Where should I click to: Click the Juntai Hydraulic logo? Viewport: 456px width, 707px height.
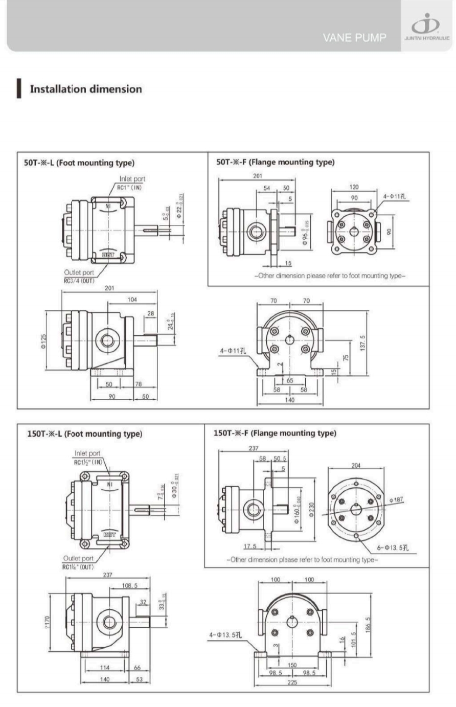click(426, 28)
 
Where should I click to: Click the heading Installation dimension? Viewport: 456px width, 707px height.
click(85, 89)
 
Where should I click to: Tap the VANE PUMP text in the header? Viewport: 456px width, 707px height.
click(354, 38)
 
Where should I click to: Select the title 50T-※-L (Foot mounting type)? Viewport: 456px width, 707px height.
click(79, 163)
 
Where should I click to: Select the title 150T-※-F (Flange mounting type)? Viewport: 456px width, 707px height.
click(275, 433)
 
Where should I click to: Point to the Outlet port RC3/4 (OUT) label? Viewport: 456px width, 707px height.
click(79, 277)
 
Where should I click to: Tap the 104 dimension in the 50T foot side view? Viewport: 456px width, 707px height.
click(132, 300)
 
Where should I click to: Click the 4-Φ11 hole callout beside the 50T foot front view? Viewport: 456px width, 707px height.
click(233, 351)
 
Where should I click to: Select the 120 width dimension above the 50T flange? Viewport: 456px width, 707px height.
click(354, 187)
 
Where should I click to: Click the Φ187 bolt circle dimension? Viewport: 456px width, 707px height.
click(396, 500)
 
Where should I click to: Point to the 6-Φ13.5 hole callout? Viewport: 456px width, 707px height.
click(393, 548)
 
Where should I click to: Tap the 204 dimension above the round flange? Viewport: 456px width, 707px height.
click(356, 466)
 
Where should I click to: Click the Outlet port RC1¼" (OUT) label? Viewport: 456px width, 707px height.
click(79, 562)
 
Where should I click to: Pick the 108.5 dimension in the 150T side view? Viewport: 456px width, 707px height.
click(129, 585)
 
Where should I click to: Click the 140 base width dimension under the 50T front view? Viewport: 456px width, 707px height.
click(289, 400)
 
